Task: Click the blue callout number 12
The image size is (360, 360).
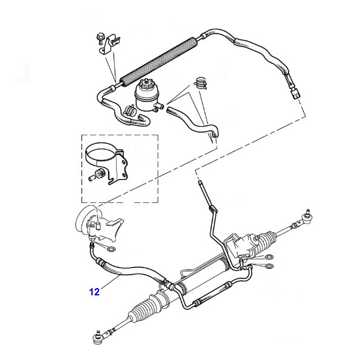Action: pos(94,292)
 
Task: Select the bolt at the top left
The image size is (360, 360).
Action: pos(100,39)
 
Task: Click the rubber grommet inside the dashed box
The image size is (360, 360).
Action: pos(100,174)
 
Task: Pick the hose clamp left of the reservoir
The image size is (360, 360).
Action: pos(130,110)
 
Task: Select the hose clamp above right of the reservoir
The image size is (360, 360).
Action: pos(201,83)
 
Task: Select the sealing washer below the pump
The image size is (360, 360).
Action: pos(111,249)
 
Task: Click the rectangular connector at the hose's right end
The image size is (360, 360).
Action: pos(296,94)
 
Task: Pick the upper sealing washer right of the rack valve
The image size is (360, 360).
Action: pos(269,257)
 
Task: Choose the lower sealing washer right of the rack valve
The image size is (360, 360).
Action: pos(269,266)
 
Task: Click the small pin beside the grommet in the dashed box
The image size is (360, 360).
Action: pos(91,178)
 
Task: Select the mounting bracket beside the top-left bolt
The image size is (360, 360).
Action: pos(109,45)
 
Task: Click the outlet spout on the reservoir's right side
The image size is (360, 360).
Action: pos(160,106)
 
